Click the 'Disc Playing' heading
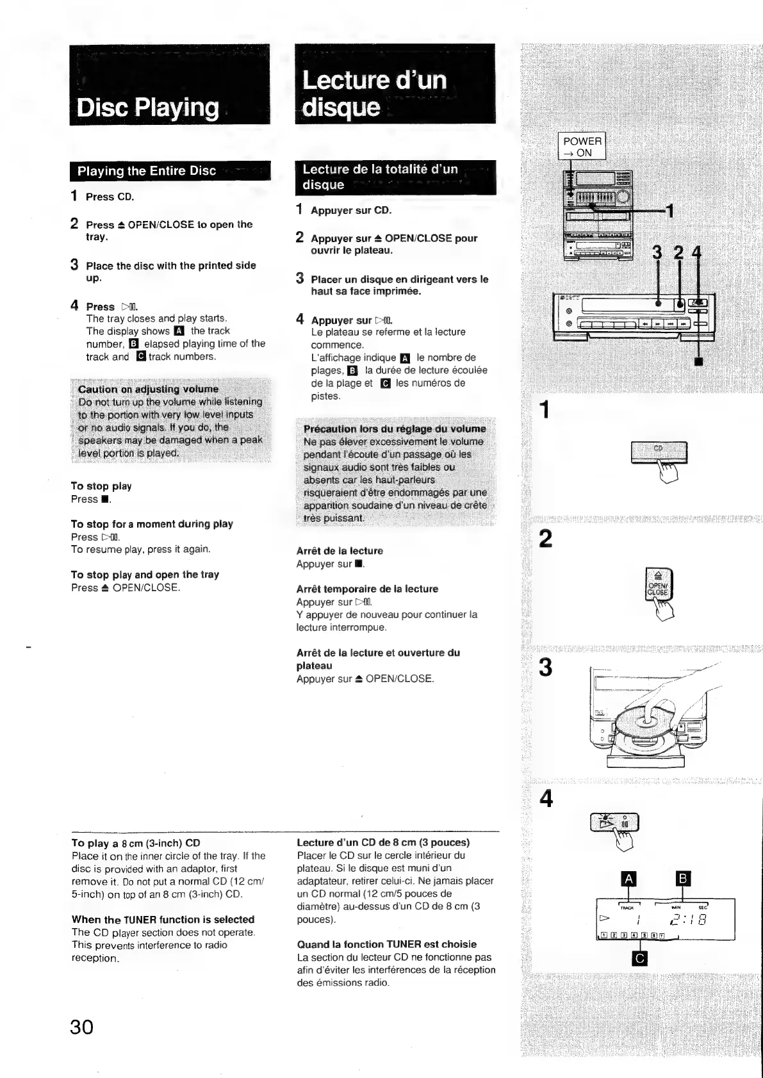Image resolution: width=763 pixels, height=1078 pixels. point(147,107)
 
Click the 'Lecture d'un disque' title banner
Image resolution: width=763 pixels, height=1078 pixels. point(374,94)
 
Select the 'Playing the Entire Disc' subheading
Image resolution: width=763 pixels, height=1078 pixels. point(147,171)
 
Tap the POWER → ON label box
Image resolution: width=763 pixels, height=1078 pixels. point(582,147)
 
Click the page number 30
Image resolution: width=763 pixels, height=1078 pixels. point(82,1027)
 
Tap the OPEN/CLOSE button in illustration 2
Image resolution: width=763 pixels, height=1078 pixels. point(658,585)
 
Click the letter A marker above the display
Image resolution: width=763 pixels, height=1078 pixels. point(629,879)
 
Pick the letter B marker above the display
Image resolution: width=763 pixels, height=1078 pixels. point(683,879)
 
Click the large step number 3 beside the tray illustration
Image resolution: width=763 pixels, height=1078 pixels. point(545,668)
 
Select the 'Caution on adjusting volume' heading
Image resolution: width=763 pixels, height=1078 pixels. point(148,389)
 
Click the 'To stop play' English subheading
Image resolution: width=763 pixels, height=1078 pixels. point(101,486)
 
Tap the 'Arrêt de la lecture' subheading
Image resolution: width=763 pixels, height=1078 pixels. point(340,551)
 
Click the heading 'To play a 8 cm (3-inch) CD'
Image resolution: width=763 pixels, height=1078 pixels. point(136,843)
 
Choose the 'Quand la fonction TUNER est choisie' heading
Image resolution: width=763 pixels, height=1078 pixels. point(387,944)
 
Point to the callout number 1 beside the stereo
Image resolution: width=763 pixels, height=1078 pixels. point(669,211)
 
